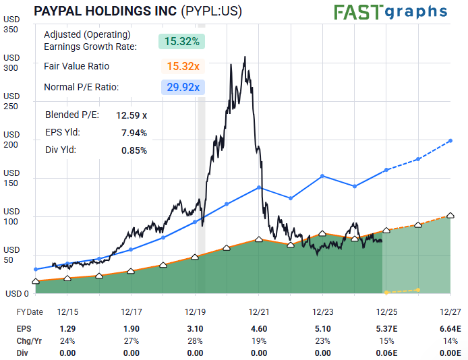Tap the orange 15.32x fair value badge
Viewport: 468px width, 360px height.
(x=182, y=67)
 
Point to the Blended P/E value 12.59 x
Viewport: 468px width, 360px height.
(x=131, y=115)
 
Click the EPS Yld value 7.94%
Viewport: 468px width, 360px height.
(x=134, y=133)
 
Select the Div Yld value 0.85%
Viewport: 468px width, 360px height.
(x=134, y=150)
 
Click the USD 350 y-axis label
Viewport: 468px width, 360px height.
(x=11, y=29)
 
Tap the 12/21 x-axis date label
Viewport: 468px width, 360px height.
(x=259, y=312)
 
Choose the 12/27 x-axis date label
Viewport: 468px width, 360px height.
(x=450, y=312)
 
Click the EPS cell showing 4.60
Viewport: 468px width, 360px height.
(x=259, y=328)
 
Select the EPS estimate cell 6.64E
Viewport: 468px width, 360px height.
(x=449, y=328)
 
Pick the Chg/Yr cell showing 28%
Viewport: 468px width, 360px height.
(x=195, y=340)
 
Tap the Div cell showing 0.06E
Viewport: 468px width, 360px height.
(x=386, y=353)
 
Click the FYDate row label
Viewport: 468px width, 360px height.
(x=30, y=312)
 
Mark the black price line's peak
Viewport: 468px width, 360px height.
(x=245, y=57)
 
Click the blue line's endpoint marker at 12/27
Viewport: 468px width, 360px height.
(x=450, y=140)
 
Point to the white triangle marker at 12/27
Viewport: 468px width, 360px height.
(x=450, y=215)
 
